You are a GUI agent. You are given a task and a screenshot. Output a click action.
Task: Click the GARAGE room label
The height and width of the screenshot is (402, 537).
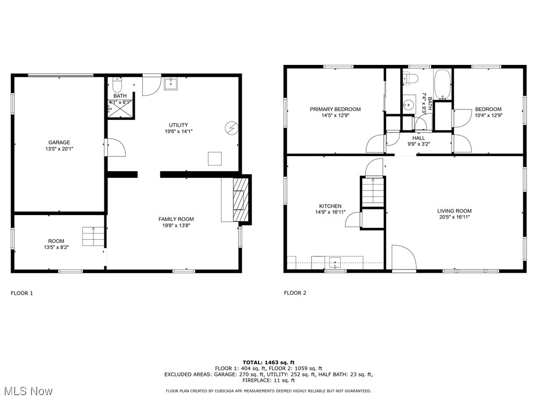pos(59,142)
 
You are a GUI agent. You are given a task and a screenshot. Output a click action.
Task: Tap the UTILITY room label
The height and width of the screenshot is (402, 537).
pos(178,125)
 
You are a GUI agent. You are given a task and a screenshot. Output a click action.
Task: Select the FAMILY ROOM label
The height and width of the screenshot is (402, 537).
pos(176,219)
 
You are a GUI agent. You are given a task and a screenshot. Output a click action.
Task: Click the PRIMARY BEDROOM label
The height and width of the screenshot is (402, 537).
pos(335,109)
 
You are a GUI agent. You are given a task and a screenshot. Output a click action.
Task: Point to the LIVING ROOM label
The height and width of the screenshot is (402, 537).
pos(455,211)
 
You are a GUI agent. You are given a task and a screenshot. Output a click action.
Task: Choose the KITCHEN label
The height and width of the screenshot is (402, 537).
pos(330,206)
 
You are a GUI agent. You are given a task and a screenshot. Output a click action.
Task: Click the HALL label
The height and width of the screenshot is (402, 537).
pos(418,138)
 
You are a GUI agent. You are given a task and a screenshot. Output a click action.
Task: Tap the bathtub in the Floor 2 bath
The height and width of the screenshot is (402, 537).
pos(443,85)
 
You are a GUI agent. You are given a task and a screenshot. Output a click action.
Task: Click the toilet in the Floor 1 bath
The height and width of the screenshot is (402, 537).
pos(117,84)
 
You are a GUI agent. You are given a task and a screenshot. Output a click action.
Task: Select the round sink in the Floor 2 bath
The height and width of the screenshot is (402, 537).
pos(409,104)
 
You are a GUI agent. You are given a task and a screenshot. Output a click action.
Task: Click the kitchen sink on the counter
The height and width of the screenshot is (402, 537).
pos(335,263)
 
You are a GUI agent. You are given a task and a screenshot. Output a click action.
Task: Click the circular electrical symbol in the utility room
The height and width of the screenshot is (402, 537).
pos(231,128)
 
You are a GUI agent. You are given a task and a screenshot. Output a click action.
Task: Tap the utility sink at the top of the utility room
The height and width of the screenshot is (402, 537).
pos(171,84)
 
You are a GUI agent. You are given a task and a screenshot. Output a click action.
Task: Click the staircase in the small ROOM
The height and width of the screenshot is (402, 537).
pos(93,236)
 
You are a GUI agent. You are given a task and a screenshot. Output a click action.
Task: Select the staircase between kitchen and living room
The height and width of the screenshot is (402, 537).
pos(373,192)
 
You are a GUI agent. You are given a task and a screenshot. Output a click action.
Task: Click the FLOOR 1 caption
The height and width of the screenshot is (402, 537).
pos(22,293)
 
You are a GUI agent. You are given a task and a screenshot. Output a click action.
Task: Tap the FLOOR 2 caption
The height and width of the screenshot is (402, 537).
pos(295,293)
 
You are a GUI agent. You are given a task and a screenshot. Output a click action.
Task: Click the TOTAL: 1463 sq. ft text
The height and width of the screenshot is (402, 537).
pos(268,363)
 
